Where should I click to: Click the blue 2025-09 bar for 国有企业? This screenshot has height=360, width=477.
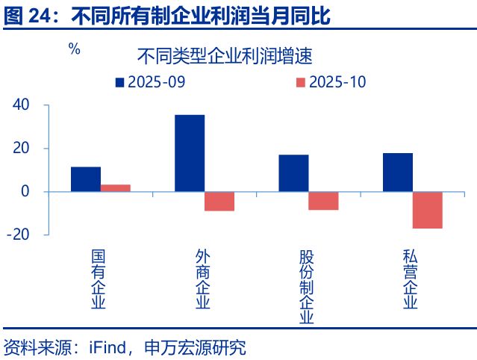pos(86,179)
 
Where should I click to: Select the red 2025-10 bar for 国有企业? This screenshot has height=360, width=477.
pos(116,188)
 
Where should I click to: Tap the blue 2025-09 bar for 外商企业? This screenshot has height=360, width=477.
pos(190,153)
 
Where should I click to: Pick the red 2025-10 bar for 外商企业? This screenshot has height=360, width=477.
pos(219,201)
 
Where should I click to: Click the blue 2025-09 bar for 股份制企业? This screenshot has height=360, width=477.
pos(293,173)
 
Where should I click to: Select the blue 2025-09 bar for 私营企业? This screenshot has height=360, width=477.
pos(397,173)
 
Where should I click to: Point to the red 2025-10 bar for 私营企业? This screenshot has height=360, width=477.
pos(427,210)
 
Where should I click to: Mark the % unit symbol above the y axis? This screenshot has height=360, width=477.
pos(74,50)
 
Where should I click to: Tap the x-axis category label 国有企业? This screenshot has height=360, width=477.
pos(99,279)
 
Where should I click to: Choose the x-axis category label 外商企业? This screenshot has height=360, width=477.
pos(202,279)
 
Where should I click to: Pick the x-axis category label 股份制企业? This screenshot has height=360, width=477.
pos(306,287)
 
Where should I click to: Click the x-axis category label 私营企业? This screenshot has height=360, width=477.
pos(410,279)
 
